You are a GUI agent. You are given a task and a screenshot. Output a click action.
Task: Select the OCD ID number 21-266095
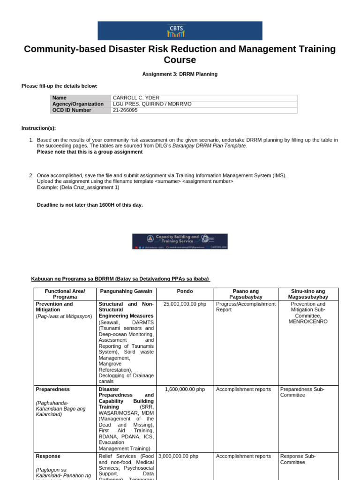click(125, 110)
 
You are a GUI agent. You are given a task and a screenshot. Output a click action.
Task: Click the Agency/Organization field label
click(78, 104)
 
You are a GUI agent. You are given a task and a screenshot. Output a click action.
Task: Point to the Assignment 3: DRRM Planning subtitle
click(180, 74)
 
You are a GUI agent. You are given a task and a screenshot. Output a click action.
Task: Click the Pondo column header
click(185, 291)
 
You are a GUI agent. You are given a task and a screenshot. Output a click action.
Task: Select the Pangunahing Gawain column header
click(126, 291)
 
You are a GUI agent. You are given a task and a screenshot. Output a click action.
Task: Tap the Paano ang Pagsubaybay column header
click(246, 294)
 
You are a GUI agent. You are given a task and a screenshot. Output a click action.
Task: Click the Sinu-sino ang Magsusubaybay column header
click(307, 294)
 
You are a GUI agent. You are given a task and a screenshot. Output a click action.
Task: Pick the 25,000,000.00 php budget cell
click(185, 304)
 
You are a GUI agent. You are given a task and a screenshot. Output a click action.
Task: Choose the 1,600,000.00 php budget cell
click(185, 389)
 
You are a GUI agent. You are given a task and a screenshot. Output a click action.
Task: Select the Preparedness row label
click(52, 389)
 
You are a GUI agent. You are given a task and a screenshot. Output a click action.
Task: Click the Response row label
click(48, 456)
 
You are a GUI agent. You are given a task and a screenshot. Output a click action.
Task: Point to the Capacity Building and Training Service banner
click(180, 241)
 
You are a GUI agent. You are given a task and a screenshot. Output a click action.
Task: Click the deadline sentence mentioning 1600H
click(90, 205)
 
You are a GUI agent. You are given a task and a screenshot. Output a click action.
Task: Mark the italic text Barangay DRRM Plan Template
click(210, 146)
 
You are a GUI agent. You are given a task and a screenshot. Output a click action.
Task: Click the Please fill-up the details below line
click(60, 86)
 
